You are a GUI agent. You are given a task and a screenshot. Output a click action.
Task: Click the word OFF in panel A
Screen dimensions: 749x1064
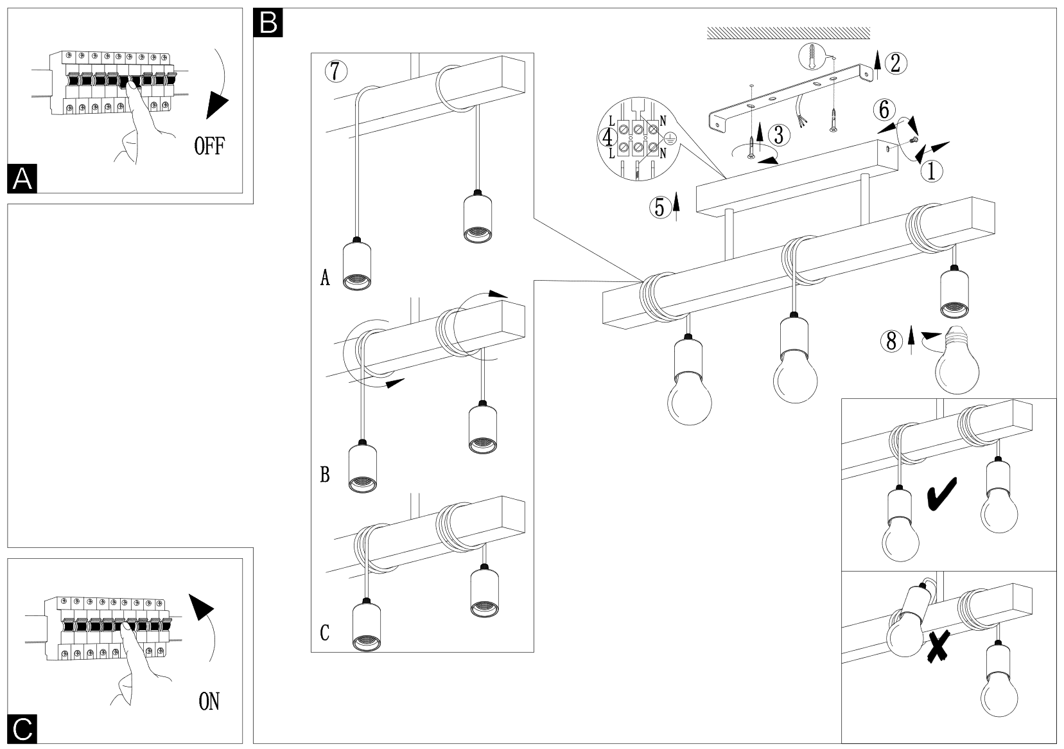pyautogui.click(x=209, y=146)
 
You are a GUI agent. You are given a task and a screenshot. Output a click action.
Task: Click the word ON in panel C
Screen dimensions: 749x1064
pyautogui.click(x=209, y=701)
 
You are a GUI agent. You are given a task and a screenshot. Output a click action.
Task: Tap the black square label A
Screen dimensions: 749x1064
pyautogui.click(x=22, y=179)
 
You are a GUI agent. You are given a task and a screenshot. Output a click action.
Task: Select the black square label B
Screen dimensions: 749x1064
pyautogui.click(x=268, y=23)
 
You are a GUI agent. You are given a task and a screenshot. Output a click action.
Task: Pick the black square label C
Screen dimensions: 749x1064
pyautogui.click(x=22, y=730)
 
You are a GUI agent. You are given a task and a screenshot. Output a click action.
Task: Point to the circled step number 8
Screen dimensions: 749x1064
pyautogui.click(x=891, y=341)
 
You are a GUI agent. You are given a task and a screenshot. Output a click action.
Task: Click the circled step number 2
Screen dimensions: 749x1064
pyautogui.click(x=896, y=62)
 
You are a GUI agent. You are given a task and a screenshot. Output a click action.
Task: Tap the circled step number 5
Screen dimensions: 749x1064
pyautogui.click(x=659, y=207)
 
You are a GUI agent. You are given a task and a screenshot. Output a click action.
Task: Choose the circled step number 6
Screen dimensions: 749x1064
pyautogui.click(x=884, y=110)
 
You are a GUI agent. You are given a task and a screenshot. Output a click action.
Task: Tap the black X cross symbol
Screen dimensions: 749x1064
pyautogui.click(x=939, y=646)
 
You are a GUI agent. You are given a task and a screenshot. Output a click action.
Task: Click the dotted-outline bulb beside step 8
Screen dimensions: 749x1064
pyautogui.click(x=957, y=364)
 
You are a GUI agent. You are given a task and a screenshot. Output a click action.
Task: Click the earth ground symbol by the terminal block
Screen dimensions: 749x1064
pyautogui.click(x=670, y=136)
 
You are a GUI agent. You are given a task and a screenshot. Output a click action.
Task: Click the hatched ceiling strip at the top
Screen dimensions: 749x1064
pyautogui.click(x=788, y=33)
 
